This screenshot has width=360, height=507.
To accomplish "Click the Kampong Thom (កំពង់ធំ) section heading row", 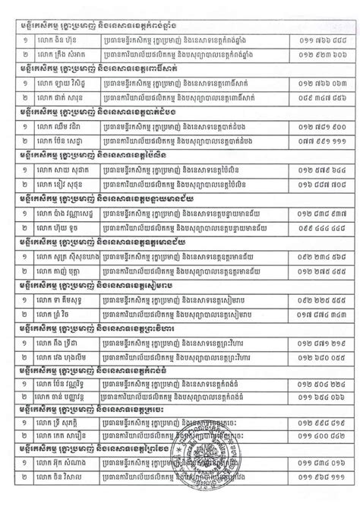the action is [x=114, y=379].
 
